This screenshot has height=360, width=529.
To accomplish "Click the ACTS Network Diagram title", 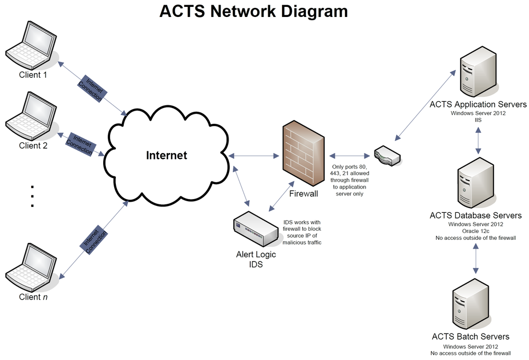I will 254,12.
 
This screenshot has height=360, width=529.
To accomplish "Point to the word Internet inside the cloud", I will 167,156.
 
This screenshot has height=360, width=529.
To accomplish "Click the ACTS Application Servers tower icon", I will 477,71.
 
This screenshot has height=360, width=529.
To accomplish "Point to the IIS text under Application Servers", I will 478,120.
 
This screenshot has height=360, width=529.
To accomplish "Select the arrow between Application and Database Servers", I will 478,141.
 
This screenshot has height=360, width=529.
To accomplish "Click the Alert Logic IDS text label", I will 256,259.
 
